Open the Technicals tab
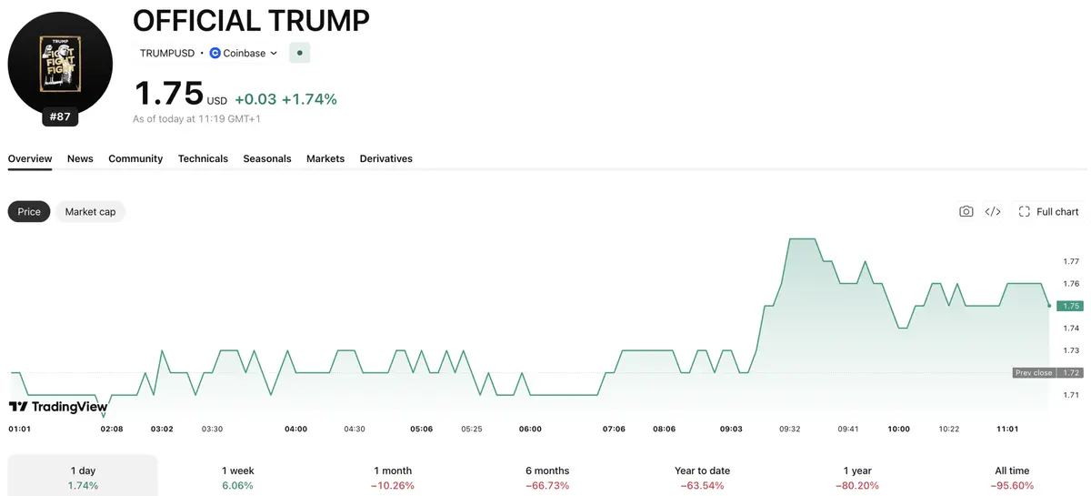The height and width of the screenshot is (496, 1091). pyautogui.click(x=203, y=158)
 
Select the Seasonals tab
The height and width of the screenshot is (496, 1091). pyautogui.click(x=267, y=158)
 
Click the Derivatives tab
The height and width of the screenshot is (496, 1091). pyautogui.click(x=385, y=158)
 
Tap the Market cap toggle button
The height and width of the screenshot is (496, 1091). pyautogui.click(x=90, y=212)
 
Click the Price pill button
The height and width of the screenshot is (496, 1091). pyautogui.click(x=29, y=212)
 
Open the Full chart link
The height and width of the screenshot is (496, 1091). pyautogui.click(x=1048, y=212)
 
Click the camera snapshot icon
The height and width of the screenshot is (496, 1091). pyautogui.click(x=966, y=211)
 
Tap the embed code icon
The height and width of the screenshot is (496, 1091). pyautogui.click(x=993, y=212)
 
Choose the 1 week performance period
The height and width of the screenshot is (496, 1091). pyautogui.click(x=237, y=478)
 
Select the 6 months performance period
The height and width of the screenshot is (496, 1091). pyautogui.click(x=547, y=478)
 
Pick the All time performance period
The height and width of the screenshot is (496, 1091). pyautogui.click(x=1012, y=478)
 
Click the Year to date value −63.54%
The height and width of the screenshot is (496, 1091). pyautogui.click(x=702, y=486)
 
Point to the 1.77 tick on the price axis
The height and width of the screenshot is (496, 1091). pyautogui.click(x=1071, y=261)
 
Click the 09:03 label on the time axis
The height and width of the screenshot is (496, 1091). pyautogui.click(x=731, y=429)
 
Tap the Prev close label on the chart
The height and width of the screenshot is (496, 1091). pyautogui.click(x=1034, y=372)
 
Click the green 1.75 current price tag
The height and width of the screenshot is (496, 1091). pyautogui.click(x=1070, y=306)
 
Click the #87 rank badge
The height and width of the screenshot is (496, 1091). pyautogui.click(x=60, y=116)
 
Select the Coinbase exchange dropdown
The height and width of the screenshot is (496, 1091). pyautogui.click(x=244, y=53)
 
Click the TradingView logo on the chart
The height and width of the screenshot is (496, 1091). pyautogui.click(x=58, y=406)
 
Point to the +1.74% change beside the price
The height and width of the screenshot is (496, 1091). pyautogui.click(x=309, y=99)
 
